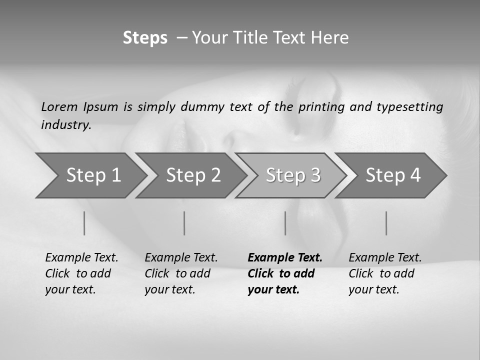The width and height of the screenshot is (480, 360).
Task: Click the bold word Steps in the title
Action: click(x=145, y=38)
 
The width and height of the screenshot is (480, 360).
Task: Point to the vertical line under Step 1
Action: click(x=84, y=223)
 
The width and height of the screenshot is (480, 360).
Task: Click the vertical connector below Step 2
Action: click(x=184, y=223)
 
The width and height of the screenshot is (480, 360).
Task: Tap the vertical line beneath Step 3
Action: click(x=285, y=223)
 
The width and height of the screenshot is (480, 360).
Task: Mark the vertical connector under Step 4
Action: click(x=386, y=223)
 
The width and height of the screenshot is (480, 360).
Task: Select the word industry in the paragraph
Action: click(x=66, y=125)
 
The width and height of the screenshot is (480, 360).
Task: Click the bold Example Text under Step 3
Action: click(x=285, y=258)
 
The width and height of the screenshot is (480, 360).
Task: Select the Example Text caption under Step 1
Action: click(x=81, y=258)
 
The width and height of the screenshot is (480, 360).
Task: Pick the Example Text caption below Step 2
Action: click(x=181, y=258)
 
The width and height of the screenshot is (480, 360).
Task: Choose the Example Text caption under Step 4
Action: click(x=385, y=258)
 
